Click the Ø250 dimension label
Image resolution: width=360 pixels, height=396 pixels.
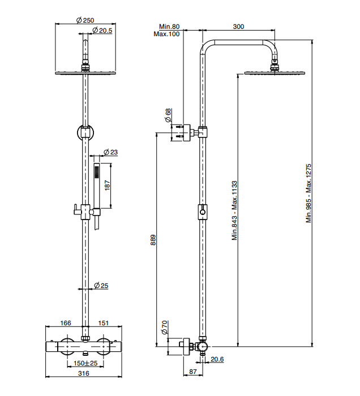click(85, 20)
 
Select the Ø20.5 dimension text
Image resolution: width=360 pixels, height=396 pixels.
click(102, 30)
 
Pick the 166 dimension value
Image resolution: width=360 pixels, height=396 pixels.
click(66, 323)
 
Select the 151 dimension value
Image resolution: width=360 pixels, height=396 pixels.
click(104, 323)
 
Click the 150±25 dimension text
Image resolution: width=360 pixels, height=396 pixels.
click(85, 363)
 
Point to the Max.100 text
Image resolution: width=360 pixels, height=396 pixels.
click(166, 34)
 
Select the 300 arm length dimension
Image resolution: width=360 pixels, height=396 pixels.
click(238, 27)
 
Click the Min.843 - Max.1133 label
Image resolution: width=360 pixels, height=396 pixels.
click(234, 210)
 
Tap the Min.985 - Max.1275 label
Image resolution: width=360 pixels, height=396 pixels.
click(309, 193)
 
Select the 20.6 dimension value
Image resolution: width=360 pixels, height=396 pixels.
click(217, 359)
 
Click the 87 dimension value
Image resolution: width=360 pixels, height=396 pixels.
click(192, 372)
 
